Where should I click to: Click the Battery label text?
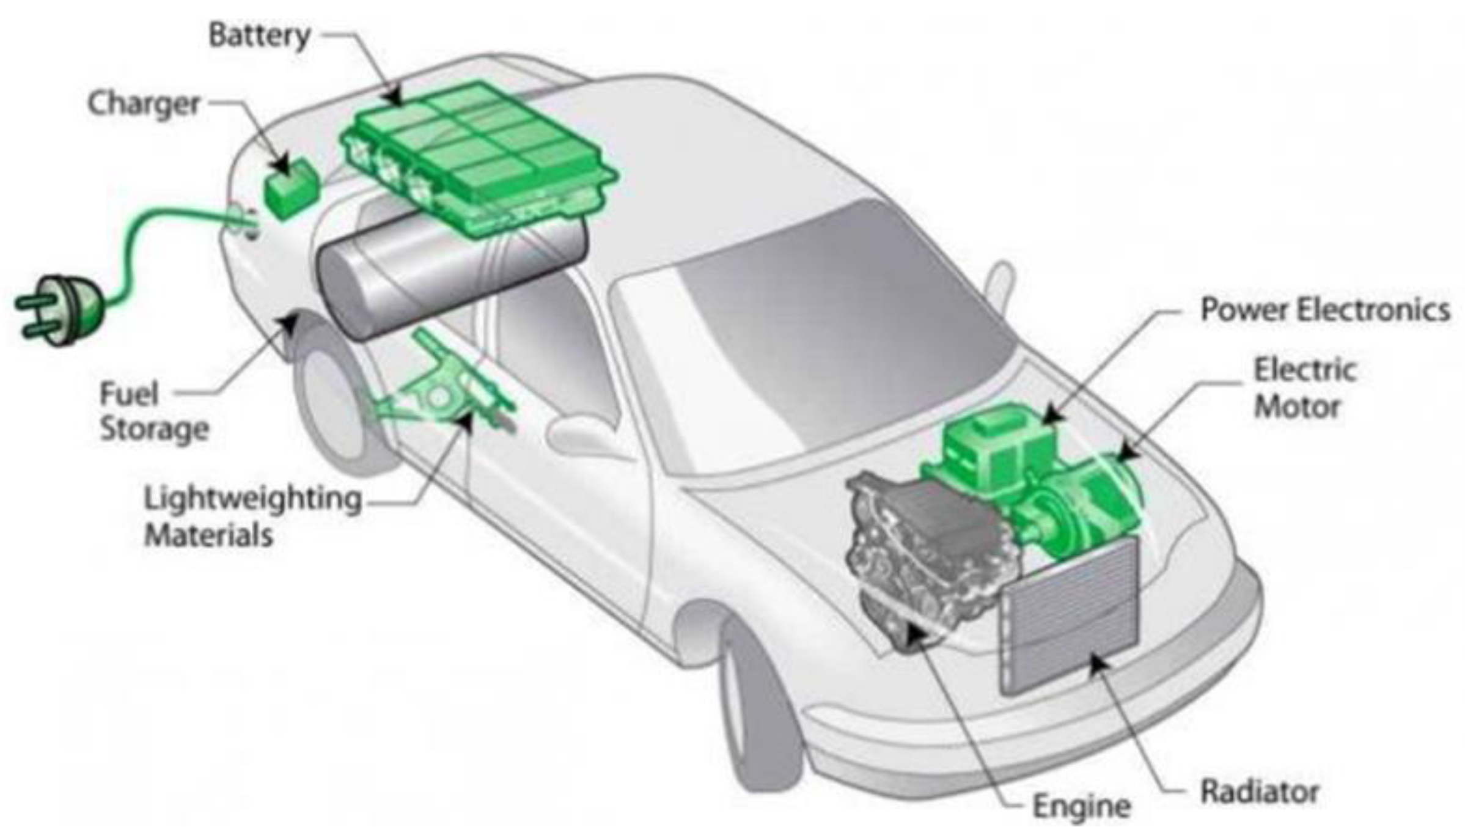point(260,35)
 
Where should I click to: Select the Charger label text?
point(144,105)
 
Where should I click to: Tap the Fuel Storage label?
point(153,411)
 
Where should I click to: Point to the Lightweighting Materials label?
point(252,517)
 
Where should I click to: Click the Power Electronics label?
point(1324,309)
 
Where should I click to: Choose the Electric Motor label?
point(1304,389)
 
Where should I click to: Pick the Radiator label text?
point(1260,792)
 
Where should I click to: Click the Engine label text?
point(1081,806)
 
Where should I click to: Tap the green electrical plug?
point(61,309)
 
